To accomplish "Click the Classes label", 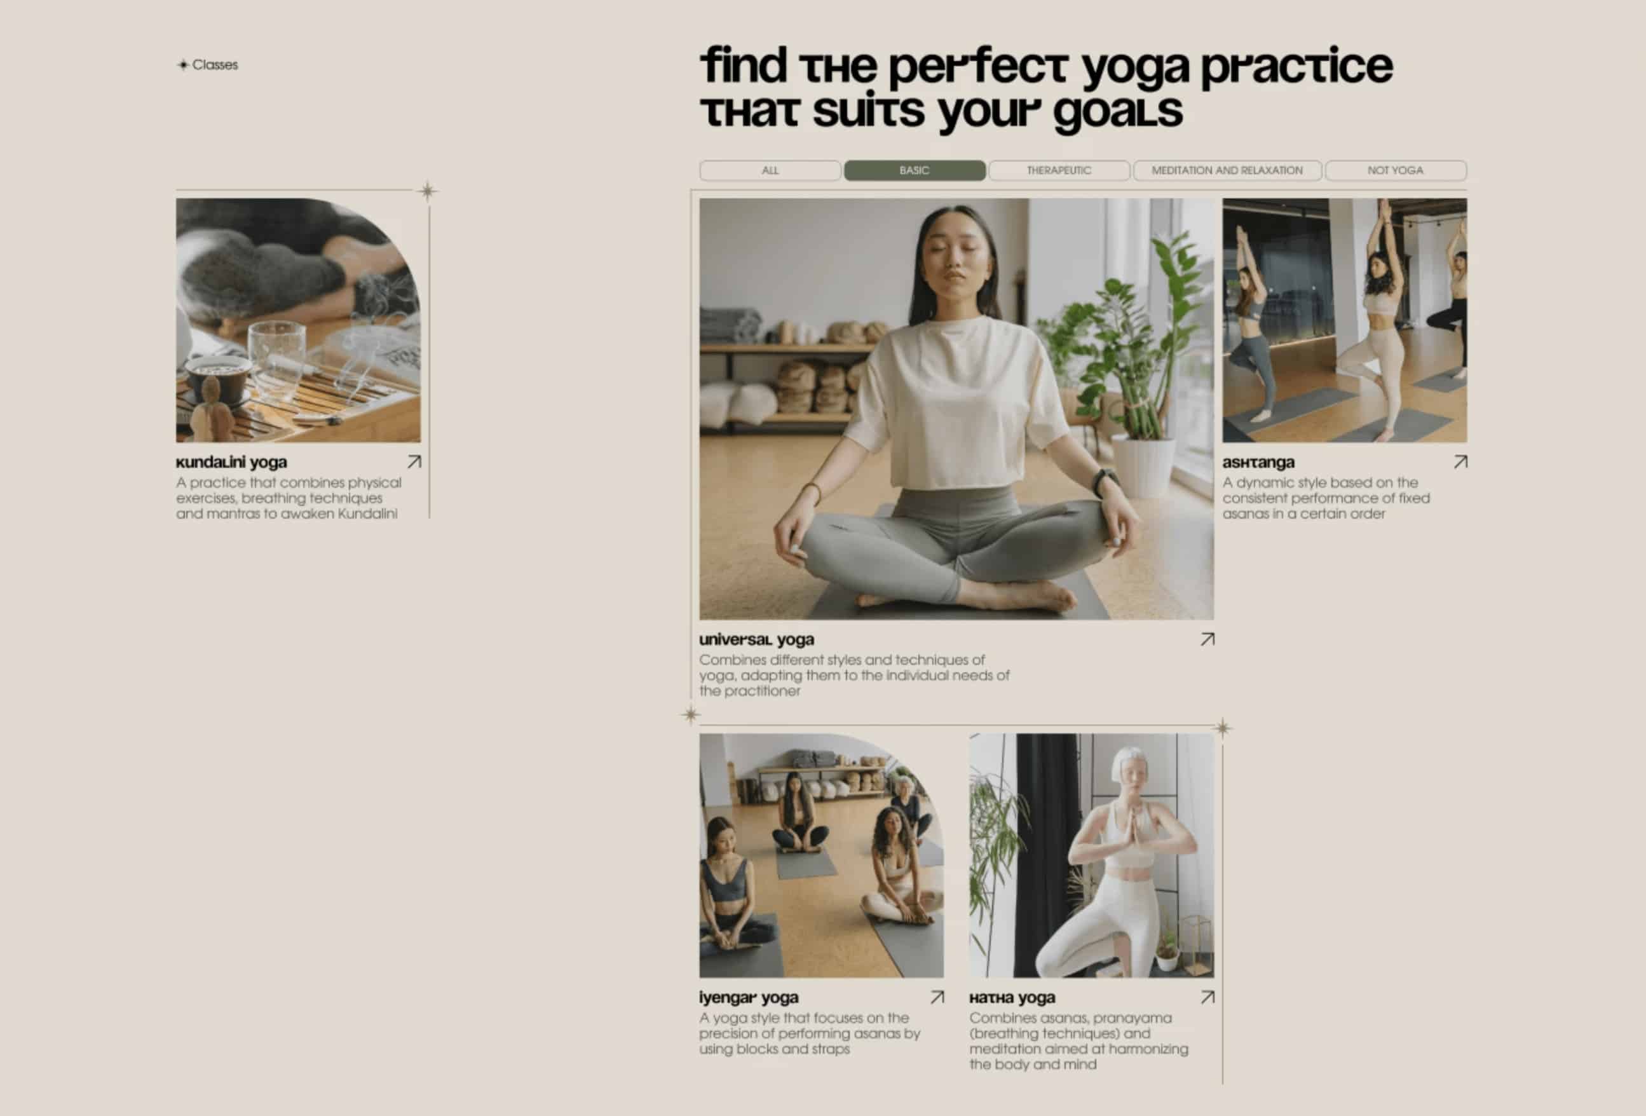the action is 215,64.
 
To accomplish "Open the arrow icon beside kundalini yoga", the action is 414,461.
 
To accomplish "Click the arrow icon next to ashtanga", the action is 1460,461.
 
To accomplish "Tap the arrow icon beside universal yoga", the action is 1207,639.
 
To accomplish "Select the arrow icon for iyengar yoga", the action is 937,997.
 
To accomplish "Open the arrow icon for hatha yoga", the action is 1207,997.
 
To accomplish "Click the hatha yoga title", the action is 1012,998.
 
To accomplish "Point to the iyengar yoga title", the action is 749,998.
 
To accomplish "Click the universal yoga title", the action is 756,639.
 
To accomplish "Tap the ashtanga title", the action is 1258,463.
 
